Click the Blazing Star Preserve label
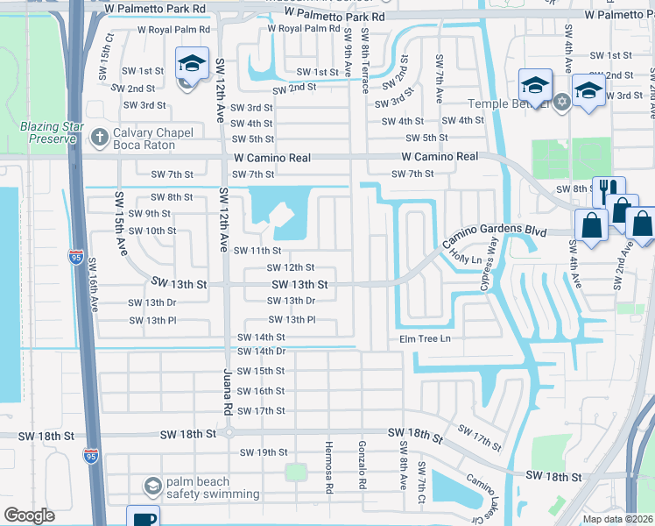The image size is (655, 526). [x=44, y=131]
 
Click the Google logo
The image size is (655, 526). [x=29, y=515]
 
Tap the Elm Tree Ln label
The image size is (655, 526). [x=425, y=338]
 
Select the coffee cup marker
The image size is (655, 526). [x=142, y=516]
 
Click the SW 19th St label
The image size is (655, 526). [x=264, y=452]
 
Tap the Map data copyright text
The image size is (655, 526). [x=616, y=519]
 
